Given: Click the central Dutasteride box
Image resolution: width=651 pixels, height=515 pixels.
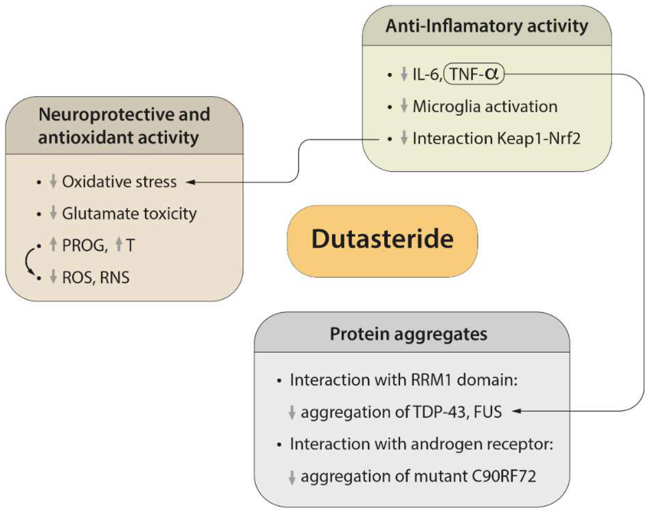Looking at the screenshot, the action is point(382,241).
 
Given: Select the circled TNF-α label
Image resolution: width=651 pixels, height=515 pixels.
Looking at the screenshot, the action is point(474,74).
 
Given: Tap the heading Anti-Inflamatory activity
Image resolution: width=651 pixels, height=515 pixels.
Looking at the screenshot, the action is point(487,26).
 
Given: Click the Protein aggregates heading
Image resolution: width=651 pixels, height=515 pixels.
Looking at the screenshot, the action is point(408,334).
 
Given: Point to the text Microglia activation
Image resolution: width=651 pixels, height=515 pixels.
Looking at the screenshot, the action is point(485,107).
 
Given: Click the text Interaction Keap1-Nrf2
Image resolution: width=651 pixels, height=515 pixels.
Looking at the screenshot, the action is point(496,139).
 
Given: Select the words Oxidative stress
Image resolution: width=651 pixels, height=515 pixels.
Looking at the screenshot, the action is point(119,182).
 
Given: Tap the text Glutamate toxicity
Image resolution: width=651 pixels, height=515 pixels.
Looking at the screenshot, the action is point(129,214).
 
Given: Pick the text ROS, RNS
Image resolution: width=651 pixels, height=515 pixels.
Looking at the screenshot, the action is point(96,277).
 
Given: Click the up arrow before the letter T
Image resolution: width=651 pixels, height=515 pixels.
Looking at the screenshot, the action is point(119,244).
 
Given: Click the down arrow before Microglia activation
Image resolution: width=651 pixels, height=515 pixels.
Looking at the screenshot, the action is point(404,106).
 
